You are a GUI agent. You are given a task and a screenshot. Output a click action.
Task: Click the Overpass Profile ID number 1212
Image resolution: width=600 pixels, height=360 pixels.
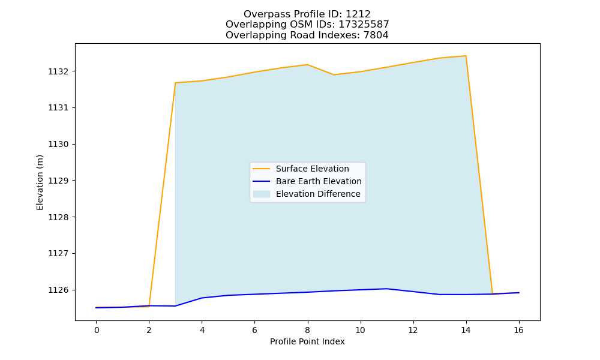(358, 14)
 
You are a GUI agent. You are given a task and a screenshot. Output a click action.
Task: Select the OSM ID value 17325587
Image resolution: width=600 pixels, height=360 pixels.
(364, 25)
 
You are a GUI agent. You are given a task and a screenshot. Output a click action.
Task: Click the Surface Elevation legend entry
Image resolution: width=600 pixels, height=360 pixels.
(301, 169)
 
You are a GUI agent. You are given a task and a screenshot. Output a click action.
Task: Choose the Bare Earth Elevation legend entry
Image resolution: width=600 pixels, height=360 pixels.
(307, 181)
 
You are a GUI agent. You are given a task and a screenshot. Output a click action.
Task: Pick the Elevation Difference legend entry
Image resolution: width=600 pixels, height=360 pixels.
(307, 194)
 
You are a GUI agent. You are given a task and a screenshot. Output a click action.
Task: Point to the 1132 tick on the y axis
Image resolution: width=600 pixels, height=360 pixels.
(58, 71)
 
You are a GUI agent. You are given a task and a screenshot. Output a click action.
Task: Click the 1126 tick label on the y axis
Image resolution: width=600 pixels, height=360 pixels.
(58, 290)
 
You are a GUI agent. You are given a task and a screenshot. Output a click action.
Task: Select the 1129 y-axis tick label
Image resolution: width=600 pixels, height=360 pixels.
(58, 181)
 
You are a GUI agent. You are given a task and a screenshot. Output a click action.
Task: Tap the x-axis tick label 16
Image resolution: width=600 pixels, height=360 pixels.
(518, 330)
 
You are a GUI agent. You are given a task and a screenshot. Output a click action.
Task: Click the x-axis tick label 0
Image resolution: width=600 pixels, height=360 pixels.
(97, 330)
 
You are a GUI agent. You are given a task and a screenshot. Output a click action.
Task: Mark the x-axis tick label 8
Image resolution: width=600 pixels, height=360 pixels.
(307, 330)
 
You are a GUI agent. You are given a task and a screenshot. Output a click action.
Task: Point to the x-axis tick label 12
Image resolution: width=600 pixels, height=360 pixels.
(413, 330)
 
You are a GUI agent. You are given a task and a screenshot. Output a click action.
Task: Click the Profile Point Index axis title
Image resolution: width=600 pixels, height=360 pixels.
(307, 341)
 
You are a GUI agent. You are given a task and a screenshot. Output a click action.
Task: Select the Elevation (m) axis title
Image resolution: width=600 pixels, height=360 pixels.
(40, 182)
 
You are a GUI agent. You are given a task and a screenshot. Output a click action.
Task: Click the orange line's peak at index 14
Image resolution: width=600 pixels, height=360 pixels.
(466, 56)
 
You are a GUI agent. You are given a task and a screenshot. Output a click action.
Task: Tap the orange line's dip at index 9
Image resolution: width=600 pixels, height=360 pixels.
(334, 74)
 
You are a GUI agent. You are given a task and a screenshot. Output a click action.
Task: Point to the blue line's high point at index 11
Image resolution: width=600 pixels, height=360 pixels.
(386, 289)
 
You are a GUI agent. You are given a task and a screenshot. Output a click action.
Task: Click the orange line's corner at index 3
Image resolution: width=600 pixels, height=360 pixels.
(175, 83)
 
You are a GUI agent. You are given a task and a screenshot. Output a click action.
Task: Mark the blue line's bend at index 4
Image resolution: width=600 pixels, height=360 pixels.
(202, 298)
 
